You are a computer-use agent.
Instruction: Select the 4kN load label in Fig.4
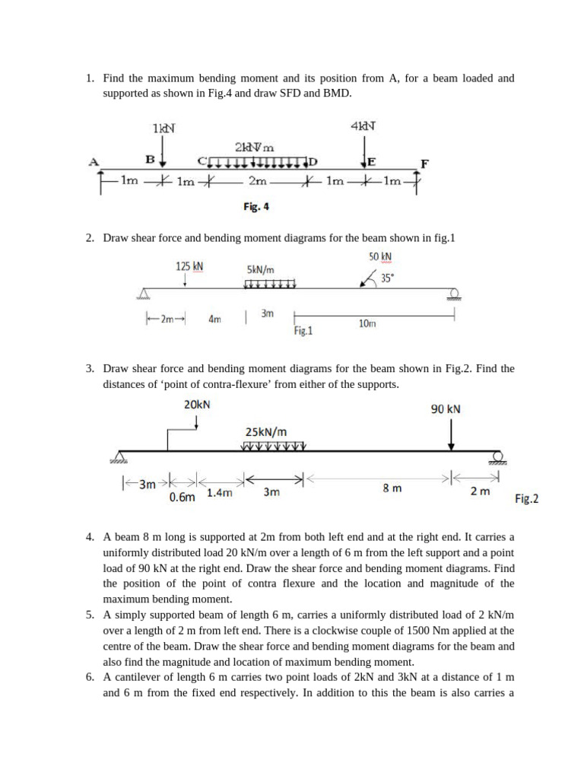tap(364, 126)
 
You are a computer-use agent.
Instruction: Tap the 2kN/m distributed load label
tap(255, 146)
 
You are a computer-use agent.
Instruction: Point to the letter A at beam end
tap(94, 161)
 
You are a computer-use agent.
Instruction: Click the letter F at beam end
tap(424, 163)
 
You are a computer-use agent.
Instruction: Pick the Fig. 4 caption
tap(256, 206)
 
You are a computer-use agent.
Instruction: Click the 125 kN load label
tap(189, 266)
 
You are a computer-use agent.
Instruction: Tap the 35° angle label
tap(387, 278)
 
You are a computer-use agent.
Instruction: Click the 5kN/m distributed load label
tap(261, 269)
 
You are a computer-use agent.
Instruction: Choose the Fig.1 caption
tap(303, 331)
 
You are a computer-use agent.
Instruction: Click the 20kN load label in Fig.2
tap(197, 405)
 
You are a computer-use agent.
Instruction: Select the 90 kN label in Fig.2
tap(446, 409)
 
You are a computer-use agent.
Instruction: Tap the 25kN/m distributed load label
tap(266, 431)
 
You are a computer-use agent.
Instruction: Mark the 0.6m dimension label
tap(182, 497)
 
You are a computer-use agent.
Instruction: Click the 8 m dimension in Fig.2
tap(392, 489)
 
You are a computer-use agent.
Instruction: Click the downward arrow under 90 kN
tap(452, 435)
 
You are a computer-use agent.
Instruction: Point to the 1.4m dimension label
tap(220, 493)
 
